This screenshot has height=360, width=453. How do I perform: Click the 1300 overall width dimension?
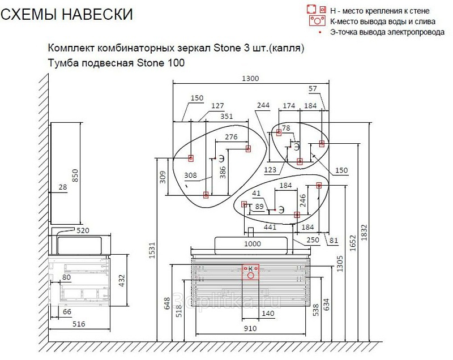tap(250, 79)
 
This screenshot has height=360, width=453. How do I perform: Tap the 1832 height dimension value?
tap(364, 233)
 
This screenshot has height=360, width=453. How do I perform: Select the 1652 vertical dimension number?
tap(353, 243)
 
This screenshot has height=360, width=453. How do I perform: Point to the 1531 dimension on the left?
tap(152, 250)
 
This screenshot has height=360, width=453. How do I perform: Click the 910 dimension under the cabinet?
tap(250, 328)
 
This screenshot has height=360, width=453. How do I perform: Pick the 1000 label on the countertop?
tap(253, 243)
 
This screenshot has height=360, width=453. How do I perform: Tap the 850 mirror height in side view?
tap(75, 175)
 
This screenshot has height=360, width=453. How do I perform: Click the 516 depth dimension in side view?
tap(79, 324)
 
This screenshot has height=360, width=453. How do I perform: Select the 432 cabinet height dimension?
tap(122, 280)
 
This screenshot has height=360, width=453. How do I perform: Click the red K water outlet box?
tap(250, 272)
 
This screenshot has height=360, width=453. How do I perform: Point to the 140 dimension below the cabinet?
tap(268, 313)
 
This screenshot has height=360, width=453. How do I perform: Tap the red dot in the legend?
tap(320, 32)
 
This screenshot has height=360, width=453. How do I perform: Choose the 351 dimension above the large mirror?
tap(226, 116)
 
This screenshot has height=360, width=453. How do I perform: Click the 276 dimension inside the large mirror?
tap(231, 136)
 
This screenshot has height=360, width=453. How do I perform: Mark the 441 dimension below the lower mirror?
tap(270, 227)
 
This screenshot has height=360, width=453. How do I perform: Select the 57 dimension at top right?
tap(313, 89)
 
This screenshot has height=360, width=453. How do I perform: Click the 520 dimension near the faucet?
tap(83, 230)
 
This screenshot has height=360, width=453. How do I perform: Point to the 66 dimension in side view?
tap(67, 311)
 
